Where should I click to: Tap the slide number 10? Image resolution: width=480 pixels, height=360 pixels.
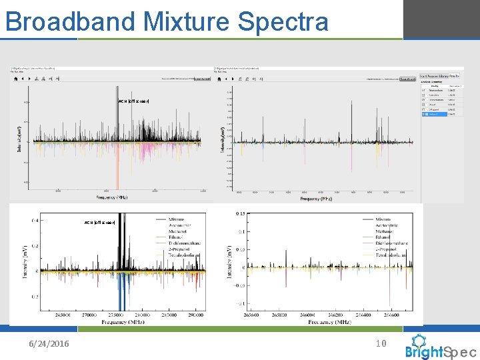(381, 343)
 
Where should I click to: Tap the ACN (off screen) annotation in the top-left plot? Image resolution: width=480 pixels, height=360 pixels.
(133, 101)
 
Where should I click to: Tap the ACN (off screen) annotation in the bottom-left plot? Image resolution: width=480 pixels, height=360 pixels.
(100, 222)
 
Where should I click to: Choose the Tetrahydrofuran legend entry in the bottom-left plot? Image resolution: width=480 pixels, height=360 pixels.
(179, 255)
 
